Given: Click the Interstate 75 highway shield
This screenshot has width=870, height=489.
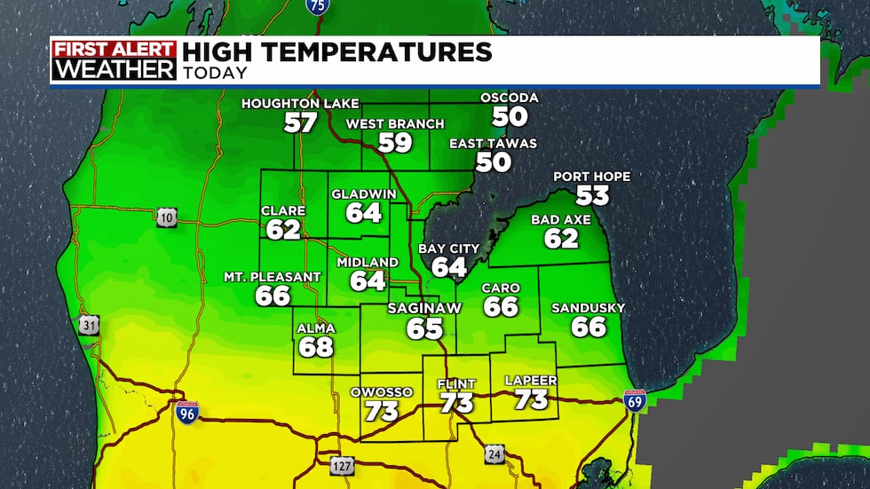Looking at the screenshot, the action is point(316,5).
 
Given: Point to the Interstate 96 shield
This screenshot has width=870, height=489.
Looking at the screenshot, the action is point(186,410).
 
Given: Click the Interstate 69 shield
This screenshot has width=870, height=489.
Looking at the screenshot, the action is point(635,401).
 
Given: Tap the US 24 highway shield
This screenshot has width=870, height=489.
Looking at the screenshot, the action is point(494,454).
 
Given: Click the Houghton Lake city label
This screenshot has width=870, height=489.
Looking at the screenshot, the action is point(300,104).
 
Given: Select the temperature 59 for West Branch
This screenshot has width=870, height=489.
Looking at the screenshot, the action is point(395,142).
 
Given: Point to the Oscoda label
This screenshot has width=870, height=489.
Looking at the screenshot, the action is point(510,97).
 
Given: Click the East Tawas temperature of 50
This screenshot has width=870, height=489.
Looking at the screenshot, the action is point(494,162).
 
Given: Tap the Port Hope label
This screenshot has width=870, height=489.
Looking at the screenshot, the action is point(591,177).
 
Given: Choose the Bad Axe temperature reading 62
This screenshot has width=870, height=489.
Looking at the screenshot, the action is point(561,238).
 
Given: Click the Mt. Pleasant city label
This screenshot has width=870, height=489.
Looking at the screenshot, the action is point(273,277).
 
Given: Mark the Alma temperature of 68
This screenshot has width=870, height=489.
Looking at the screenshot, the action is point(316,346).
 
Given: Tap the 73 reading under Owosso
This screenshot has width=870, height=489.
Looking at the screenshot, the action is point(382,411).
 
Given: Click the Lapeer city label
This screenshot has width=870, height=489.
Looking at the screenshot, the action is point(531,381).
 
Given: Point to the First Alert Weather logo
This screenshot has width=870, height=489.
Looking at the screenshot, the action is point(114,61).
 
